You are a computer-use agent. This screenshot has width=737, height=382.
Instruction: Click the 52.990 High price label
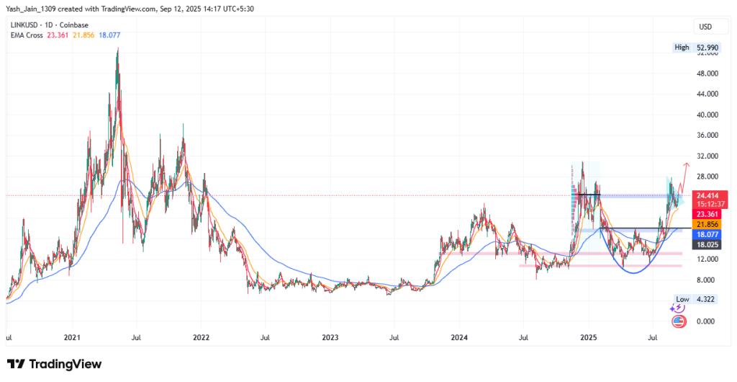pyautogui.click(x=707, y=48)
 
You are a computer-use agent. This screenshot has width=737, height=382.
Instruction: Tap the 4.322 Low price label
pyautogui.click(x=707, y=298)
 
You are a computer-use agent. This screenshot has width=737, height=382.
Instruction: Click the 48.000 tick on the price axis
pyautogui.click(x=707, y=74)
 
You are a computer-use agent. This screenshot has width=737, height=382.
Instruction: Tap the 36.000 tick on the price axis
pyautogui.click(x=707, y=136)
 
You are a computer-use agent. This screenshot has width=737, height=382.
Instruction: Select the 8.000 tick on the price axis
pyautogui.click(x=707, y=280)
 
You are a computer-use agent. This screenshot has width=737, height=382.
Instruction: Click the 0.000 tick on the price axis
pyautogui.click(x=707, y=321)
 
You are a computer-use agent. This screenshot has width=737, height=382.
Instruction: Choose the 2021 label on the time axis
pyautogui.click(x=72, y=337)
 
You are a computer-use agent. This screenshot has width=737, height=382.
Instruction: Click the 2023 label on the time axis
pyautogui.click(x=330, y=337)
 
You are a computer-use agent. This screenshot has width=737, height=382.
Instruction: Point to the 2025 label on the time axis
pyautogui.click(x=589, y=337)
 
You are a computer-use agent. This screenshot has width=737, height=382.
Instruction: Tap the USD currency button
pyautogui.click(x=705, y=27)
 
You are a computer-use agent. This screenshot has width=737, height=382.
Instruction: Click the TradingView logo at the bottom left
pyautogui.click(x=54, y=364)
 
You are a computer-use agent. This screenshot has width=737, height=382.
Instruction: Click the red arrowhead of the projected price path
pyautogui.click(x=686, y=165)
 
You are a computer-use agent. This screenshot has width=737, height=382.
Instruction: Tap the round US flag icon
pyautogui.click(x=678, y=321)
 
